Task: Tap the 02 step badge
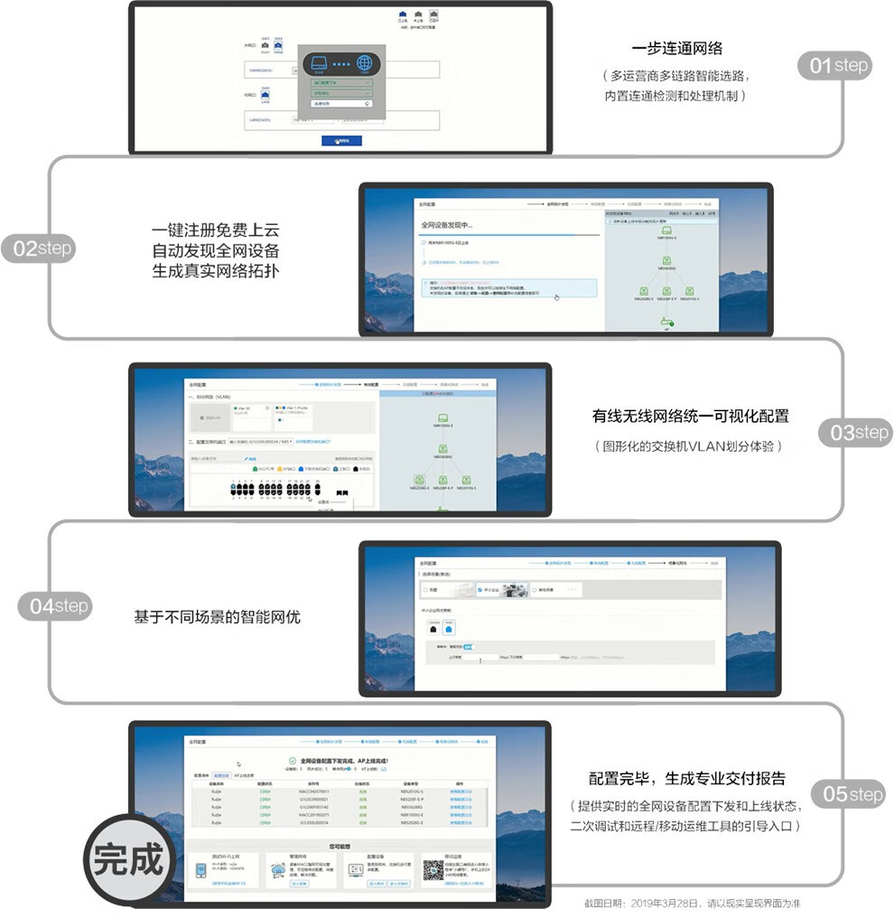(39, 248)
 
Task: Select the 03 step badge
(859, 433)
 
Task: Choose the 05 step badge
(847, 794)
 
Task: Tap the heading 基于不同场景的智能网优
(217, 617)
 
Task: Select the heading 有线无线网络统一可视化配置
(690, 417)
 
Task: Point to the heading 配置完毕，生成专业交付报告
(686, 778)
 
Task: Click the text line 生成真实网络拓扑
(216, 269)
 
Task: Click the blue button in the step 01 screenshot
(341, 141)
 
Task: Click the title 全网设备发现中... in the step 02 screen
(447, 225)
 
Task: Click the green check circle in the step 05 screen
(292, 762)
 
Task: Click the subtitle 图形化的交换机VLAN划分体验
(687, 446)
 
